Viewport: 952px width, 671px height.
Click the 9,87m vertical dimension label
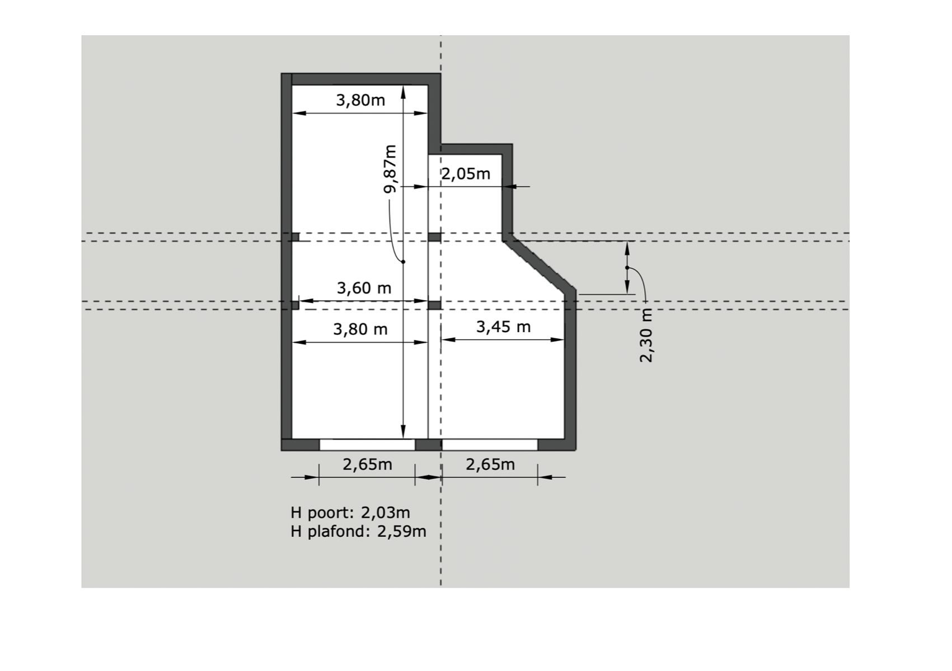point(390,169)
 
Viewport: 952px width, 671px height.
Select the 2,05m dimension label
point(466,174)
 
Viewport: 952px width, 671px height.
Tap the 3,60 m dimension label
point(364,288)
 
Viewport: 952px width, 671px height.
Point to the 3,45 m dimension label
point(503,327)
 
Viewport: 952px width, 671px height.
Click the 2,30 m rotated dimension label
point(645,335)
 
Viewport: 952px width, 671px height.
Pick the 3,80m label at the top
point(360,100)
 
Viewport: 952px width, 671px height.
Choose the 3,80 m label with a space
point(360,329)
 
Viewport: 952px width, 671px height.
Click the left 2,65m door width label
point(367,465)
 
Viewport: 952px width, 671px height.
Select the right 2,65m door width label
point(490,465)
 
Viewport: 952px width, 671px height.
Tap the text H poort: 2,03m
point(350,513)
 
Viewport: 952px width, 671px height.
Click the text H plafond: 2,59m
point(358,531)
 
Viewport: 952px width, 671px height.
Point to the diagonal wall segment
point(540,264)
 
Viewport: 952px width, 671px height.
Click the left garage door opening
point(367,445)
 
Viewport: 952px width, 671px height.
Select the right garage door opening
point(490,445)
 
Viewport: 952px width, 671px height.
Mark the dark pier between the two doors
point(428,445)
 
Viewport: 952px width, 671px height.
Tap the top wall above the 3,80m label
point(360,79)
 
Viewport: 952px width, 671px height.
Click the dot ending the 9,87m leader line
point(404,262)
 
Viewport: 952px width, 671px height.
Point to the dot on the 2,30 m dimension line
point(627,267)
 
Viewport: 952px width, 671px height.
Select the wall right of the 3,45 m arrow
point(570,370)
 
